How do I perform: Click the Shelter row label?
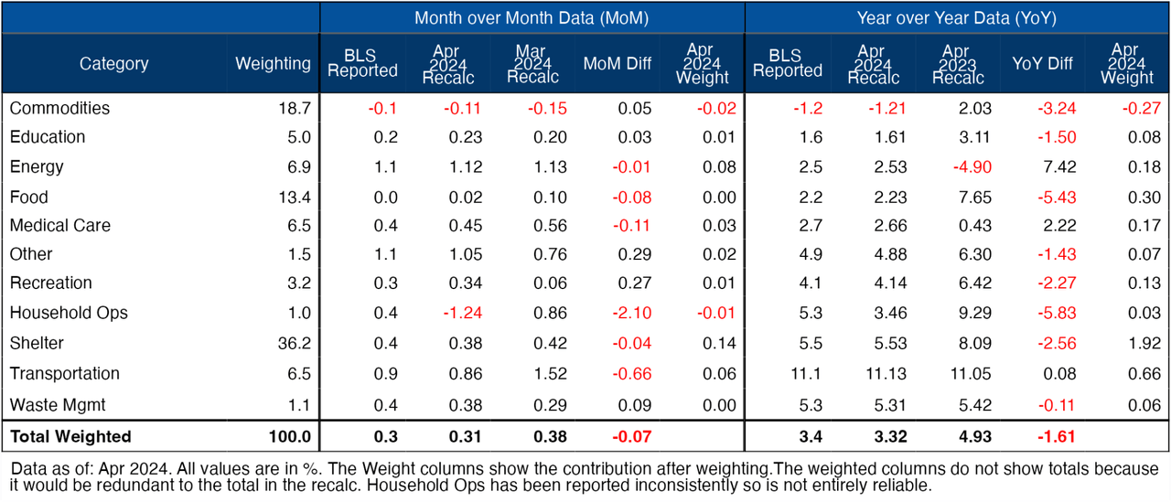pos(37,343)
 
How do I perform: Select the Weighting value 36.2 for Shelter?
pos(294,343)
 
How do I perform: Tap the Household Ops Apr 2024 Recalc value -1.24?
pos(460,313)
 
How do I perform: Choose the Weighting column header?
pos(273,63)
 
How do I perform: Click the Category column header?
pos(113,63)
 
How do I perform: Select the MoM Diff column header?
pos(617,63)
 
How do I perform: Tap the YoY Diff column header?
pos(1042,63)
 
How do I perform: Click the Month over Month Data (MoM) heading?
pos(532,17)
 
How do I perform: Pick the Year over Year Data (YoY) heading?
pos(957,17)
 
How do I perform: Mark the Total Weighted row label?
pos(70,436)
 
